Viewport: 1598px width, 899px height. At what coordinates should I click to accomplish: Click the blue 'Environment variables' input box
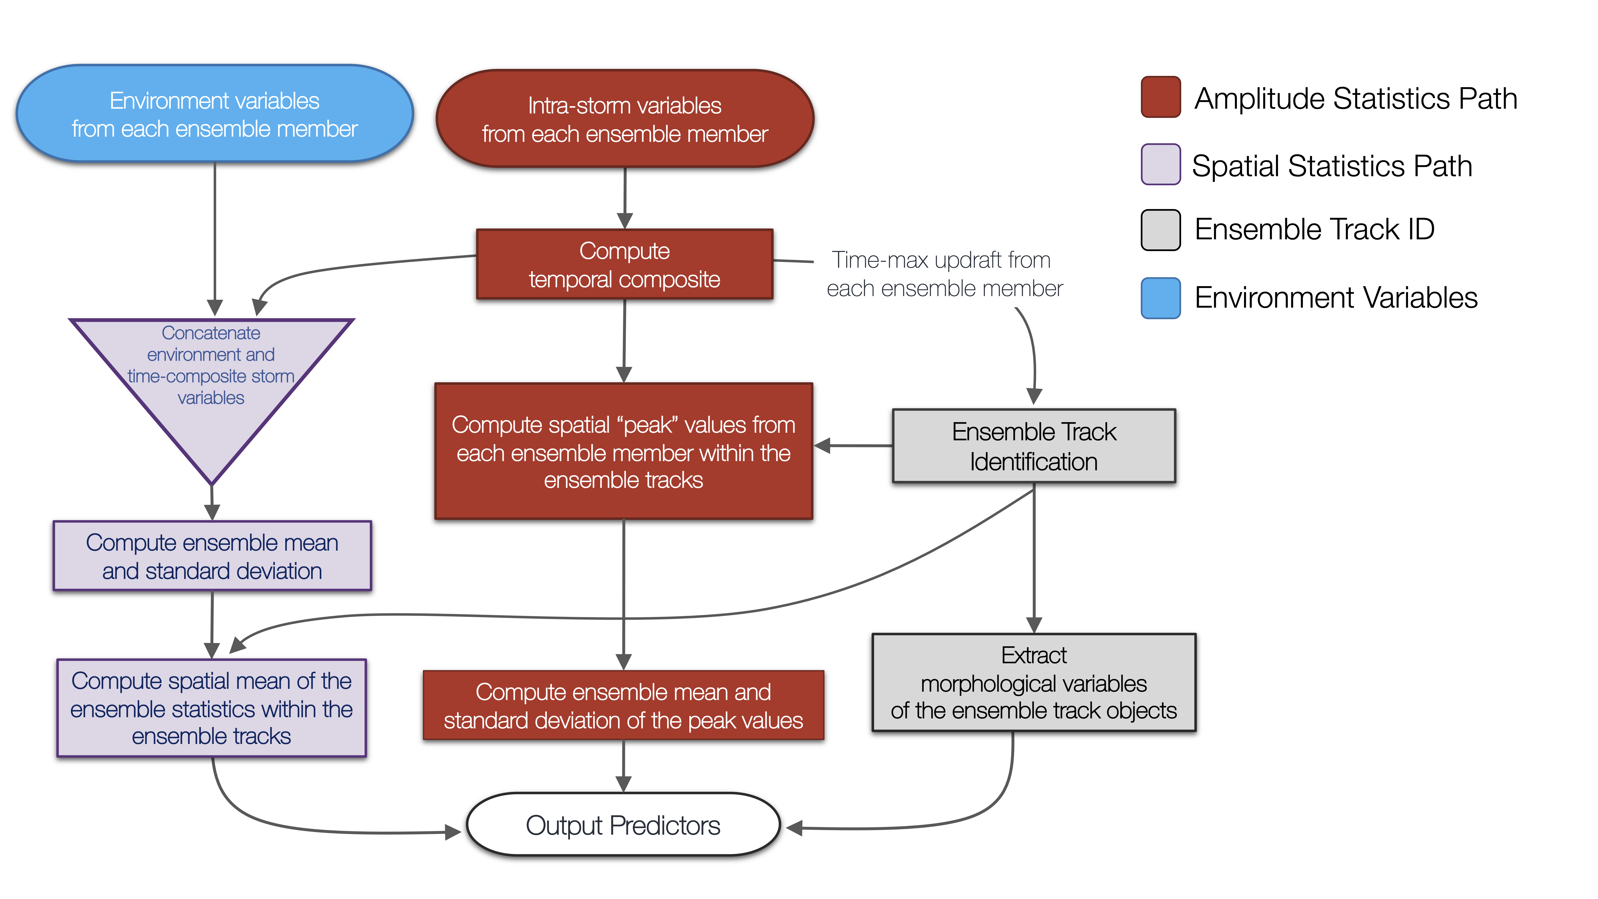point(215,113)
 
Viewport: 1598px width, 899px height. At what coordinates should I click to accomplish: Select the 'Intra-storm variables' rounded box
point(625,118)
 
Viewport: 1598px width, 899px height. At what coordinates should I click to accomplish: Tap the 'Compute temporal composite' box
point(625,264)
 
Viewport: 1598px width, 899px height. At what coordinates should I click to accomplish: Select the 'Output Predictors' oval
point(623,824)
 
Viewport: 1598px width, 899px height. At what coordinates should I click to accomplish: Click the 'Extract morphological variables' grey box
point(1034,682)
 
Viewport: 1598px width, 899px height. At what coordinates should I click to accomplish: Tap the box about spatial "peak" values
point(623,451)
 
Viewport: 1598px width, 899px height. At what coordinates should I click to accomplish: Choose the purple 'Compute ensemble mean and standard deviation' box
point(212,556)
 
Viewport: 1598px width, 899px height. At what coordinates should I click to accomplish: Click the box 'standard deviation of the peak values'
point(623,705)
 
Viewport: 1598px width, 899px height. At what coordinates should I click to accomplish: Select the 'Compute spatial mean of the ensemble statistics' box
point(212,708)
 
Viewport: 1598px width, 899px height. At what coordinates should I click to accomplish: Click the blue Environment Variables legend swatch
point(1161,298)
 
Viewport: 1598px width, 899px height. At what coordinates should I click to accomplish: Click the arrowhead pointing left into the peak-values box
point(822,446)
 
